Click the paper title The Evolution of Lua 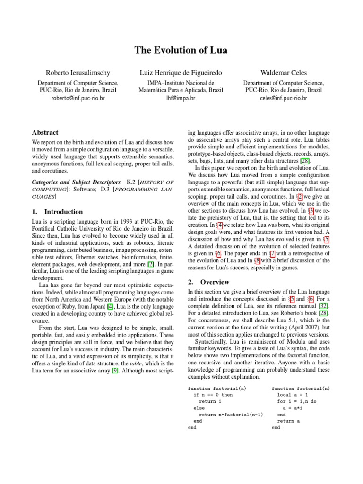tap(181, 50)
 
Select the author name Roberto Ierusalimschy tap(78, 73)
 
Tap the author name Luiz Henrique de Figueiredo tap(181, 73)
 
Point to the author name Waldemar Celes tap(284, 73)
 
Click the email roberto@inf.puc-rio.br tap(78, 99)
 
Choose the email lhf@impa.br tap(181, 99)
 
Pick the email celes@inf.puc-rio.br tap(284, 99)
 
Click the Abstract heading tap(45, 133)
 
